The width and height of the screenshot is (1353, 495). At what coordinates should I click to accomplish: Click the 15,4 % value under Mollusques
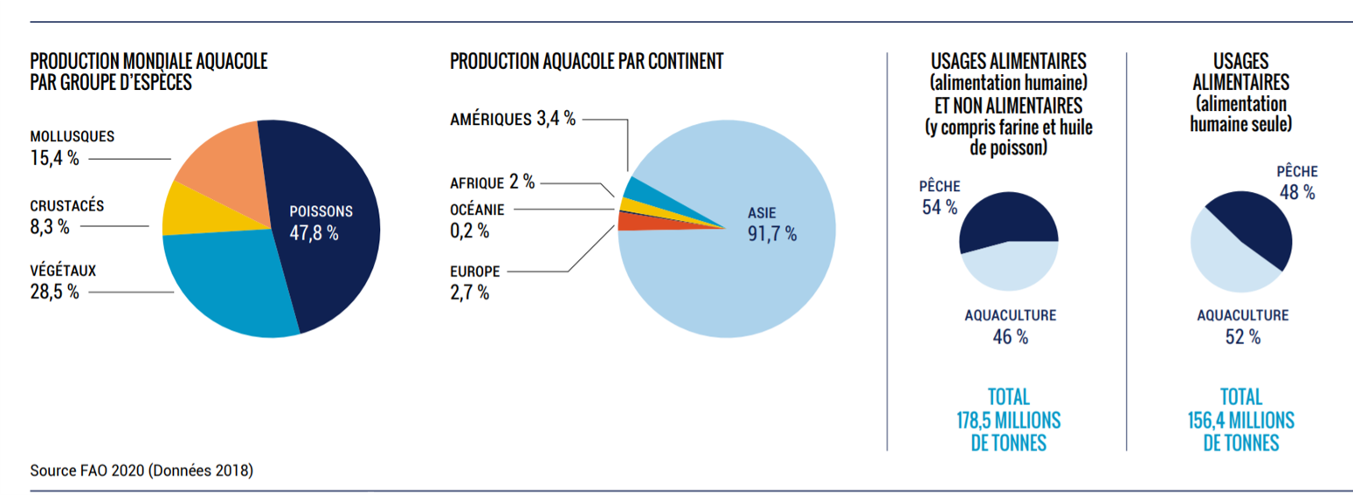pyautogui.click(x=54, y=159)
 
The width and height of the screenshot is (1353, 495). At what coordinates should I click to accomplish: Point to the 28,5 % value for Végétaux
pyautogui.click(x=54, y=292)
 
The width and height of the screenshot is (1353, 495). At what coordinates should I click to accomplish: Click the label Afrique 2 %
pyautogui.click(x=492, y=182)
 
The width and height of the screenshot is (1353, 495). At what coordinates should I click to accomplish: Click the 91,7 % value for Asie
pyautogui.click(x=771, y=234)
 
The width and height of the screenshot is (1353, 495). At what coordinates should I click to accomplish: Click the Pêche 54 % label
pyautogui.click(x=939, y=196)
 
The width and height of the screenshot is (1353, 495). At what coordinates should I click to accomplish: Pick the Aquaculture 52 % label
pyautogui.click(x=1242, y=326)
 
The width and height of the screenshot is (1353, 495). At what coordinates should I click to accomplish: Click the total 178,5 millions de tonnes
pyautogui.click(x=1008, y=419)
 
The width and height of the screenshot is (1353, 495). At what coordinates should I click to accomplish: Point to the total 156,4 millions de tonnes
pyautogui.click(x=1241, y=419)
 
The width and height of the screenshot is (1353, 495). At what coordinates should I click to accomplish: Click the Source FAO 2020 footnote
pyautogui.click(x=142, y=471)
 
